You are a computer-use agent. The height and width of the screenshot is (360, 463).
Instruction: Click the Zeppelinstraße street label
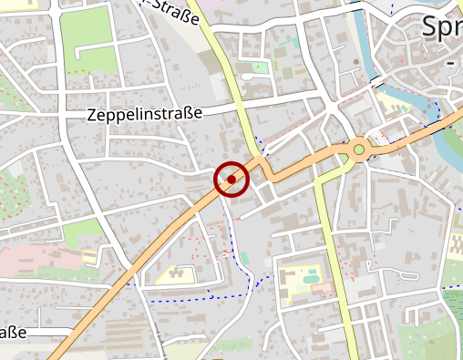[144, 115]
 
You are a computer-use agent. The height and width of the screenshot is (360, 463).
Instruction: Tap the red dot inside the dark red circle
[231, 180]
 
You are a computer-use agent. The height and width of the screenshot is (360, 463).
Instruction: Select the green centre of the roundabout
[359, 149]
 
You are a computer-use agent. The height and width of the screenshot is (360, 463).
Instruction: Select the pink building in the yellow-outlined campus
[322, 289]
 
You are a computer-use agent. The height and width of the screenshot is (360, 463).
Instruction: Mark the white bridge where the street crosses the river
[376, 81]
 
